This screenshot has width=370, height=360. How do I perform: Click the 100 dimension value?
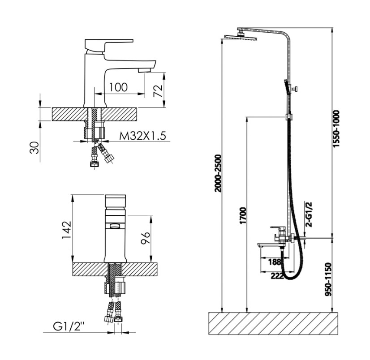pos(118,87)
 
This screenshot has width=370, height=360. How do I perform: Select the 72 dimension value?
pos(158,90)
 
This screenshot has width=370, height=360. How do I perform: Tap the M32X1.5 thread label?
pos(143,136)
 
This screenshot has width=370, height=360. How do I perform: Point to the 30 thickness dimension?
pos(34,148)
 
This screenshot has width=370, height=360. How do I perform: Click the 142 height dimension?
pos(67,230)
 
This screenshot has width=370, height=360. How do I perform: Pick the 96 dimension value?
pos(145,238)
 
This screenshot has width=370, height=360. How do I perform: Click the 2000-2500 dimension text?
pos(219,173)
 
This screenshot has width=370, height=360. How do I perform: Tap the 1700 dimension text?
pos(243,216)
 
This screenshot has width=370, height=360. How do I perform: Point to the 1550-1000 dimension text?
pos(336,129)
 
